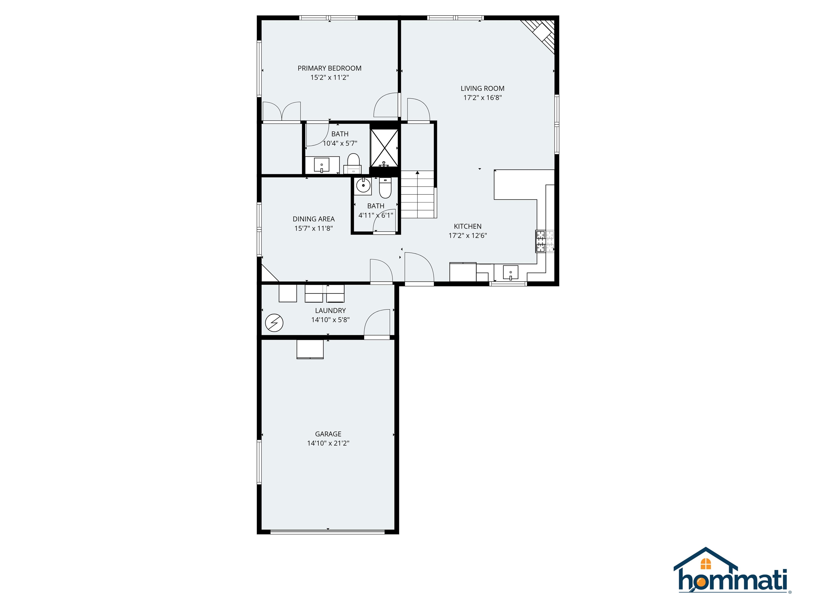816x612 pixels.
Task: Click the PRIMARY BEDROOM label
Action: tap(329, 68)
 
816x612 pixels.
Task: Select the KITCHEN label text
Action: tap(467, 226)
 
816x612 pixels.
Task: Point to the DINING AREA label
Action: tap(313, 219)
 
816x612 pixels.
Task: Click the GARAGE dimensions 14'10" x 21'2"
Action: tap(328, 443)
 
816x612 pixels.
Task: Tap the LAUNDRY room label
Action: tap(330, 311)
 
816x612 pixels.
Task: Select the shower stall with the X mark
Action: tap(384, 148)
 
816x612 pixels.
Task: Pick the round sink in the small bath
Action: tap(363, 185)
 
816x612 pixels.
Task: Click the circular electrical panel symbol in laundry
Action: tap(274, 323)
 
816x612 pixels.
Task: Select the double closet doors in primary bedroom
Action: tap(282, 111)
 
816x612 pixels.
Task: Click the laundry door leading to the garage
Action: tap(377, 325)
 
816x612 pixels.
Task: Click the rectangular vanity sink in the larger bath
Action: tap(322, 165)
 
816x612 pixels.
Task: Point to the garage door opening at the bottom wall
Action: tap(328, 532)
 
